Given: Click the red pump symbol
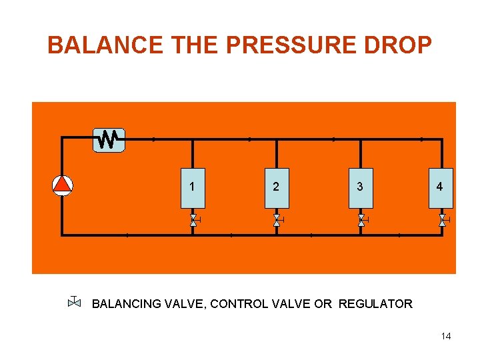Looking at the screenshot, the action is tap(62, 185).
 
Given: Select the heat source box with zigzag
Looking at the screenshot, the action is tap(109, 140).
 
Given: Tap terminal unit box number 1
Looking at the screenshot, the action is tap(193, 187).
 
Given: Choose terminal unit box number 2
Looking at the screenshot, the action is tap(276, 187).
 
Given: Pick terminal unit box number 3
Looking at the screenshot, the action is tap(360, 187).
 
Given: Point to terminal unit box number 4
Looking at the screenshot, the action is tap(439, 187).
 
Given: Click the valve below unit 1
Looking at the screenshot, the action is tap(194, 220).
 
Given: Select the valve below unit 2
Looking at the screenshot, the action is tap(277, 220).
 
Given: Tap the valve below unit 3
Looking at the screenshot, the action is tap(361, 220).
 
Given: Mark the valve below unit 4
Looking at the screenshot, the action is tap(442, 220).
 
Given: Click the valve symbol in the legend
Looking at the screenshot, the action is tap(74, 303).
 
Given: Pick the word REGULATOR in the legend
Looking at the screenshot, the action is tap(375, 304).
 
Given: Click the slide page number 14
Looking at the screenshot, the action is tap(445, 336).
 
